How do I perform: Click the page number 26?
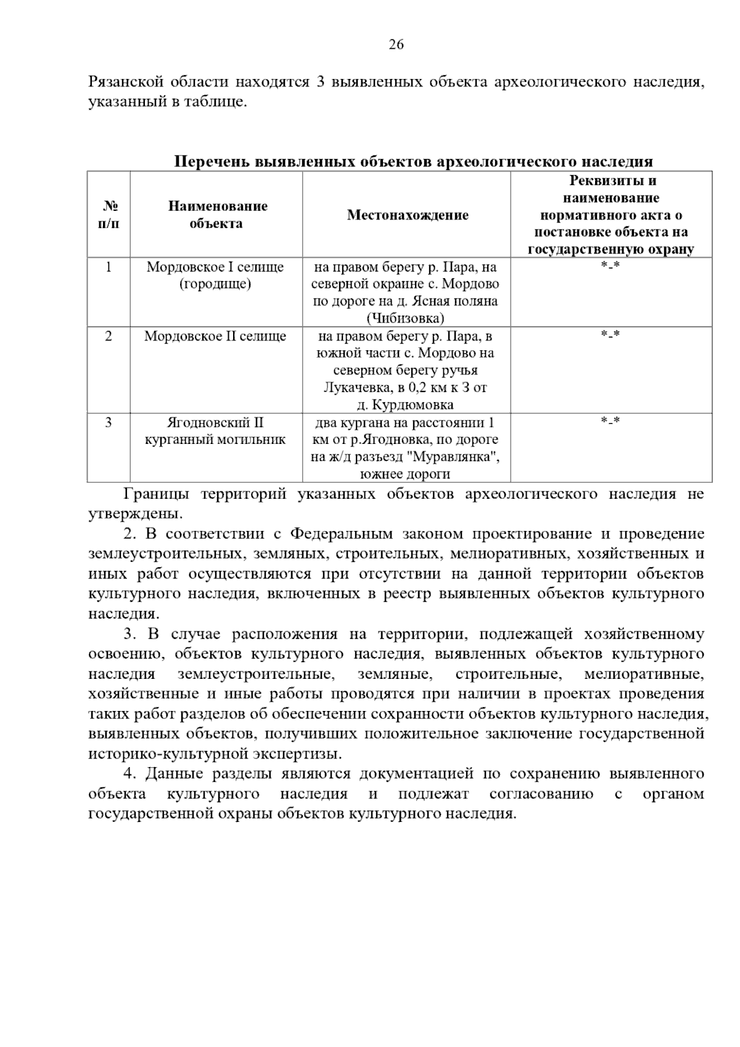[396, 44]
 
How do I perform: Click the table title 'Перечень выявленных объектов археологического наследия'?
[413, 162]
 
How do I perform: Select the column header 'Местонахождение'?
[407, 215]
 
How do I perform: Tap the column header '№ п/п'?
[109, 215]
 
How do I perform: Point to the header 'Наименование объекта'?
[217, 215]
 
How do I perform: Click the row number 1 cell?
[109, 267]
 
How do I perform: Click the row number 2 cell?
[109, 336]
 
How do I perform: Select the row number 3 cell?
[109, 422]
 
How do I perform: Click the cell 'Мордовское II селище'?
[215, 337]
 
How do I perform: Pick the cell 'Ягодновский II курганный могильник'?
[215, 431]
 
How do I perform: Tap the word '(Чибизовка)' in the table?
[405, 318]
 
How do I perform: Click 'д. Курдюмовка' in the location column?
[405, 405]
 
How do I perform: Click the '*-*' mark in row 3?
[610, 421]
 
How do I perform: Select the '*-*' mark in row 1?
[610, 266]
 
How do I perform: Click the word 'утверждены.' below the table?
[135, 513]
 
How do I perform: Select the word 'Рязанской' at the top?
[126, 82]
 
